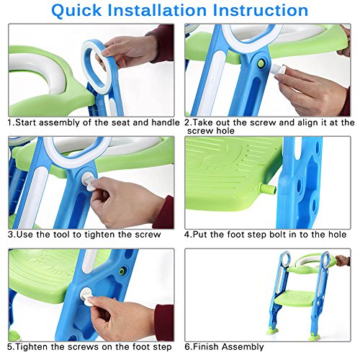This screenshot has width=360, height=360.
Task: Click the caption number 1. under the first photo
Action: [x=11, y=123]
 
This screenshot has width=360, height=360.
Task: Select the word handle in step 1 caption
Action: [x=165, y=123]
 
